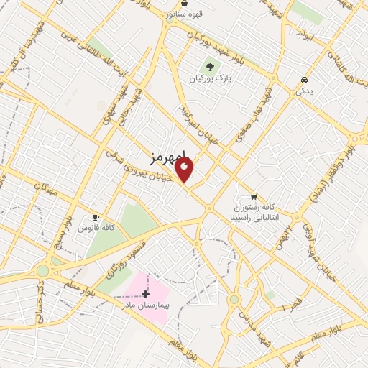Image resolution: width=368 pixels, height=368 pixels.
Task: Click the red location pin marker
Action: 185,170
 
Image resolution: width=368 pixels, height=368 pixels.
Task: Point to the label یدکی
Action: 304,91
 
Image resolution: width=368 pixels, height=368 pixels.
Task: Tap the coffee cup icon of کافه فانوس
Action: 95,217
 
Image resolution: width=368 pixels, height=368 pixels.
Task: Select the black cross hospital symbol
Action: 146,293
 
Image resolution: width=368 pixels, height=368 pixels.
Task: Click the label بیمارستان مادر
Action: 145,305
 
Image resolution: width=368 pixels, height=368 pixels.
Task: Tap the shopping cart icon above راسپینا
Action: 253,195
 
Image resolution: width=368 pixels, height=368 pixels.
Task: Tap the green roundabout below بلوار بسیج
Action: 42,271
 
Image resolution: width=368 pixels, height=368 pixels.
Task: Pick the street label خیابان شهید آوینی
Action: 317,237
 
